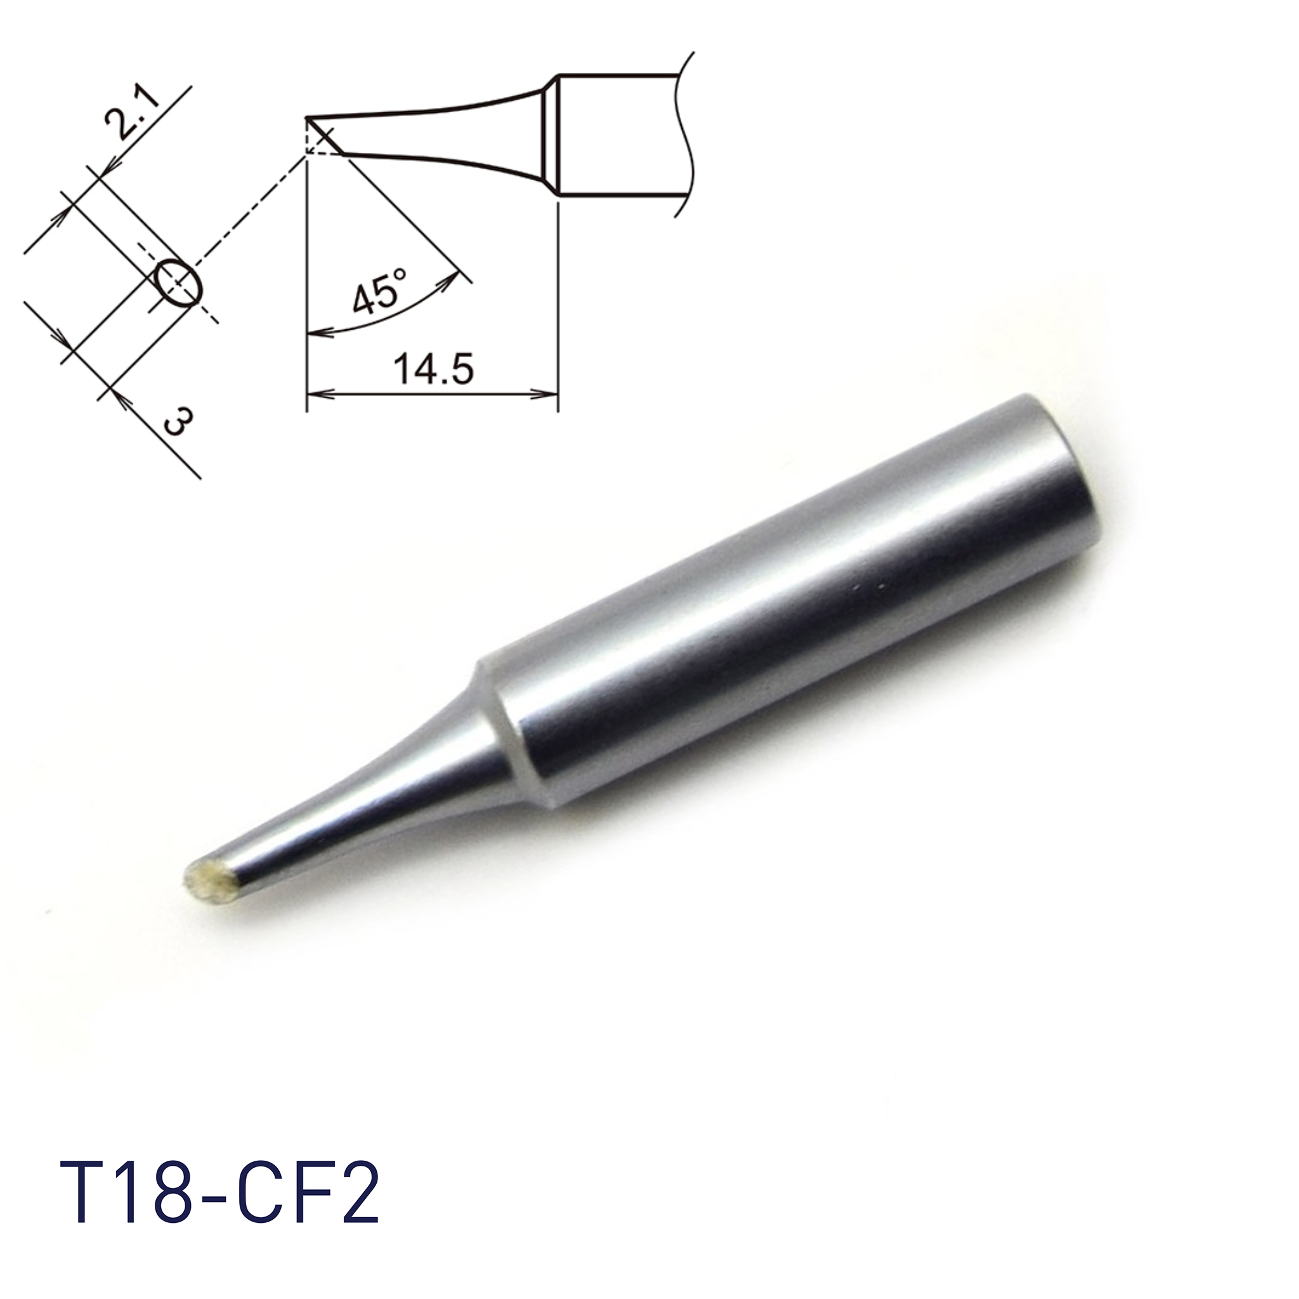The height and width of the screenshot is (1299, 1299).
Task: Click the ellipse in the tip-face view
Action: tap(178, 282)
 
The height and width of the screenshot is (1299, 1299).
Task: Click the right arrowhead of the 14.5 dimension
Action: tap(549, 394)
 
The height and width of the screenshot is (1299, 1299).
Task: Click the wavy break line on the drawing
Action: tap(684, 134)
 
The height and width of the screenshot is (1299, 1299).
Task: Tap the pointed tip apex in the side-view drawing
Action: tap(307, 119)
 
